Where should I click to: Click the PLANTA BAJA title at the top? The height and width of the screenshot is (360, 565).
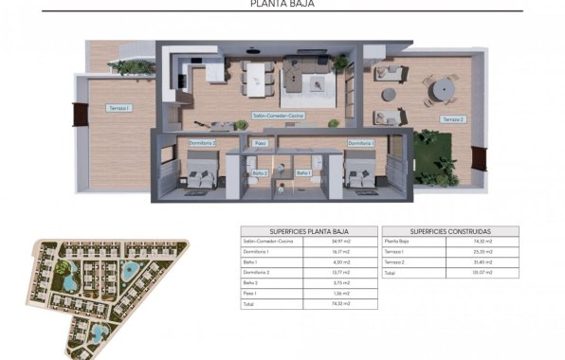[x=282, y=5]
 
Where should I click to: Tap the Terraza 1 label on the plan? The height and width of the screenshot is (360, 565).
[x=118, y=109]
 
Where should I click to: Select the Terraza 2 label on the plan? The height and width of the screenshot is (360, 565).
[x=452, y=118]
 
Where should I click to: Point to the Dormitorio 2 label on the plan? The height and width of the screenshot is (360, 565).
[x=203, y=143]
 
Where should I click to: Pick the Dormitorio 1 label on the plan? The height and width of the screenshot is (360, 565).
[x=361, y=143]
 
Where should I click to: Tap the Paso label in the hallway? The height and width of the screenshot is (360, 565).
[x=263, y=144]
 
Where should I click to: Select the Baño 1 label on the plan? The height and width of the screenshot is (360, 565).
[x=303, y=173]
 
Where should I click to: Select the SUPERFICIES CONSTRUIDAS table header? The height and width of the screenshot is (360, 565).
[x=450, y=231]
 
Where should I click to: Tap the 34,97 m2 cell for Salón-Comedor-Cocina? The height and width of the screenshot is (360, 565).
[x=346, y=242]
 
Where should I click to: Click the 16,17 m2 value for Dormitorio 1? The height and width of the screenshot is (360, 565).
[x=346, y=252]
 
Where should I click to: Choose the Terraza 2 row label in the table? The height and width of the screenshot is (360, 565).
[x=395, y=262]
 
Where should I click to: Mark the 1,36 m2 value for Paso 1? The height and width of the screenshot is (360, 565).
[x=346, y=294]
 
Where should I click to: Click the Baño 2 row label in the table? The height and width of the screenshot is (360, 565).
[x=252, y=283]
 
